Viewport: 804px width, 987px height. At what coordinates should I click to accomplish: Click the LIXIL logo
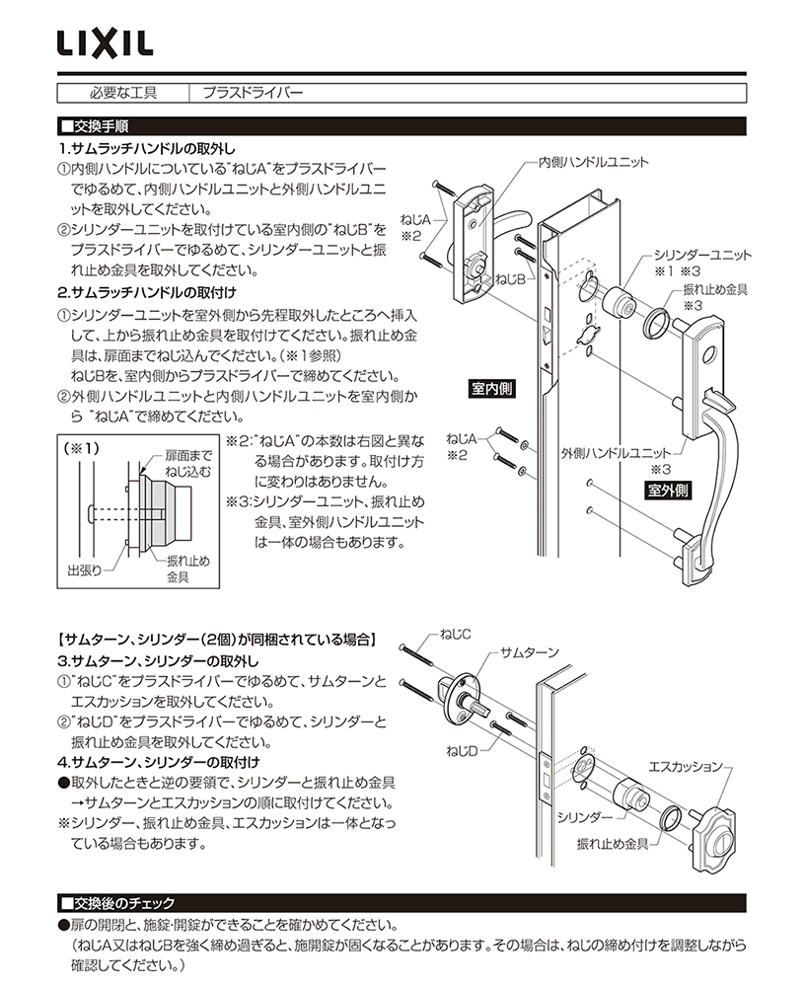[x=103, y=43]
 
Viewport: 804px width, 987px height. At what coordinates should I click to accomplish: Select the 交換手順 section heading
[x=99, y=127]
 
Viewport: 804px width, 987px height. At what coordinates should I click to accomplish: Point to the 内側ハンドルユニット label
[x=593, y=160]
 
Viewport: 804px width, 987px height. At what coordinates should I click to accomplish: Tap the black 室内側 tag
[x=491, y=389]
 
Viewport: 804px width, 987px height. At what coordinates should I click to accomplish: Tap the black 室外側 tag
[x=669, y=490]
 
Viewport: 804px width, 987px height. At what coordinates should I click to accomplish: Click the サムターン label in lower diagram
[x=530, y=653]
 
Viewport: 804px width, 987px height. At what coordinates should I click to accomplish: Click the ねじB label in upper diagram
[x=508, y=280]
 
